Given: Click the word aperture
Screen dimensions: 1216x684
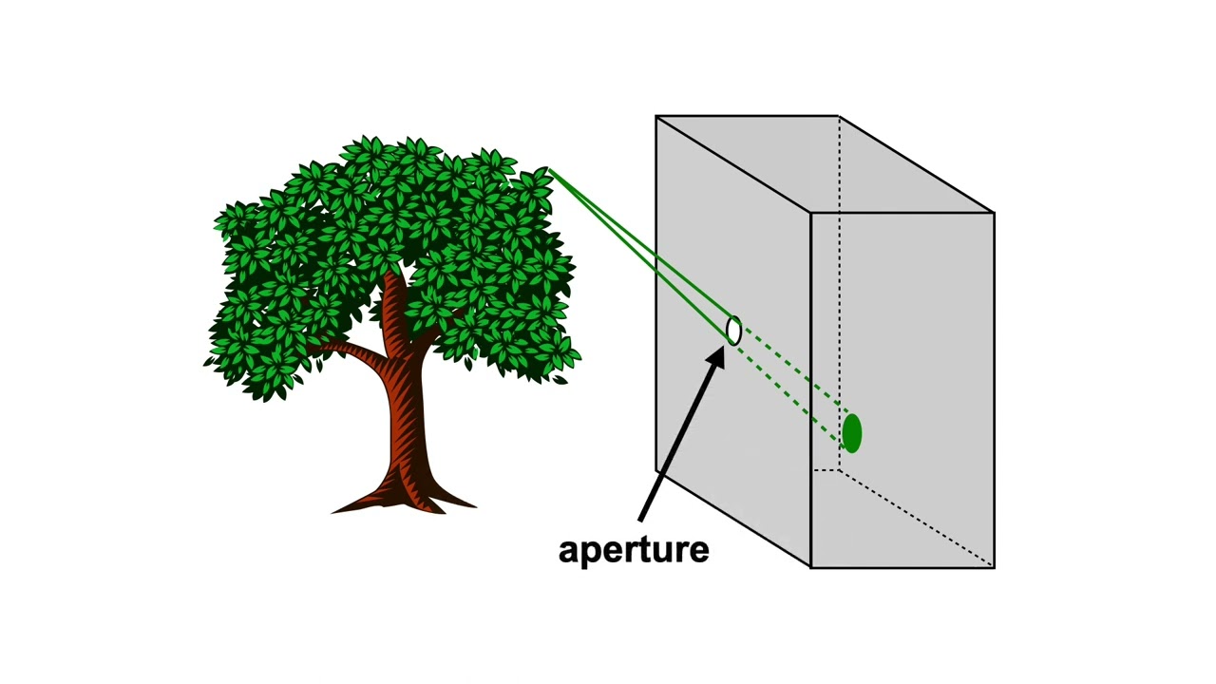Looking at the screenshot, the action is [x=634, y=551].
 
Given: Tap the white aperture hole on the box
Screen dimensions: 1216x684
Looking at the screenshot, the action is [x=733, y=330].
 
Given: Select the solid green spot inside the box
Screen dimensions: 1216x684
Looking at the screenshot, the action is [x=852, y=433].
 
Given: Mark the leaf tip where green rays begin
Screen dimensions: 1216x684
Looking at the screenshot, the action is [x=548, y=169].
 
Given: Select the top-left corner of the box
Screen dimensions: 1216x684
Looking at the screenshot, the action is [x=655, y=116].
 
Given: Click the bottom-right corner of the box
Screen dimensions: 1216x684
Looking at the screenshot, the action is [x=994, y=568].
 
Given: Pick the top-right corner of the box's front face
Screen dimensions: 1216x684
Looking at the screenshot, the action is [x=994, y=213].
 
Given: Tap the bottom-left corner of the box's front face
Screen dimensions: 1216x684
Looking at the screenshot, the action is [x=811, y=568].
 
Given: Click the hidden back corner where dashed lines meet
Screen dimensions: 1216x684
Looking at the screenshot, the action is [x=839, y=469].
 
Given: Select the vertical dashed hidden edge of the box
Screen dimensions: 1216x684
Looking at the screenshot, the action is [x=839, y=294].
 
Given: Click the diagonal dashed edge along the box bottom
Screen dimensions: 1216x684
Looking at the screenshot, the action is [x=917, y=519].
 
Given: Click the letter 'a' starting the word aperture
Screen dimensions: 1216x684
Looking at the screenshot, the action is [x=568, y=551].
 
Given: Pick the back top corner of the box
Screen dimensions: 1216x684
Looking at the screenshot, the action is [x=839, y=116].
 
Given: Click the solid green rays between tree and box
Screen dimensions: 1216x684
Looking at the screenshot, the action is [x=640, y=250].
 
